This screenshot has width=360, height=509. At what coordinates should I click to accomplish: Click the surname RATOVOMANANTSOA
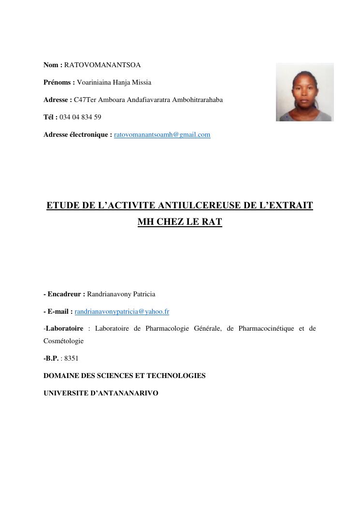pyautogui.click(x=102, y=65)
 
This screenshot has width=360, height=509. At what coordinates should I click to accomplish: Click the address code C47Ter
pyautogui.click(x=85, y=100)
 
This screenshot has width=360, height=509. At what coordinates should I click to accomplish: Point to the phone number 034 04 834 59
pyautogui.click(x=80, y=117)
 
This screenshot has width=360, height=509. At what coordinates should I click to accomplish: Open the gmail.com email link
pyautogui.click(x=162, y=135)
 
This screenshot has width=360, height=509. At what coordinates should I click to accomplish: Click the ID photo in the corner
pyautogui.click(x=304, y=92)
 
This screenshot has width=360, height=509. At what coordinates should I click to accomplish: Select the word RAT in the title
pyautogui.click(x=211, y=223)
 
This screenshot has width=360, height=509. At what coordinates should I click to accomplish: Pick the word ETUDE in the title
pyautogui.click(x=63, y=205)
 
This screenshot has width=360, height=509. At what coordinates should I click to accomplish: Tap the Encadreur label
pyautogui.click(x=66, y=294)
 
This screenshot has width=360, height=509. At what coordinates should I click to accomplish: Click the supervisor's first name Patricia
pyautogui.click(x=142, y=294)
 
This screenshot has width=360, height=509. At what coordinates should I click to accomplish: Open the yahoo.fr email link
pyautogui.click(x=122, y=312)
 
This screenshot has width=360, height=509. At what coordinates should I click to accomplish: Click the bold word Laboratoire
pyautogui.click(x=64, y=329)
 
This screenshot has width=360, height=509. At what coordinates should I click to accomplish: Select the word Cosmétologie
pyautogui.click(x=63, y=341)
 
